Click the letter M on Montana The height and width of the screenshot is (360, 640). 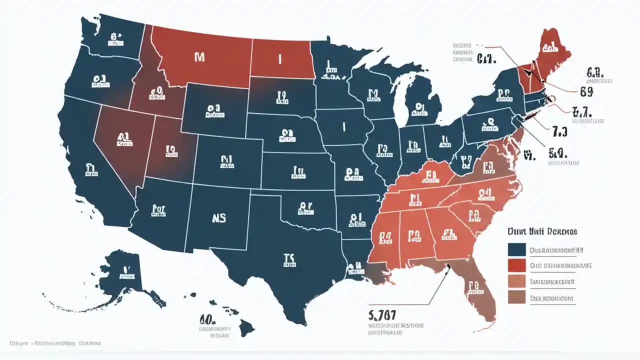coord(199,57)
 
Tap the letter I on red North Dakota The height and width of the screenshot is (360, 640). coord(280,59)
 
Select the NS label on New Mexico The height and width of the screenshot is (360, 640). coord(216,218)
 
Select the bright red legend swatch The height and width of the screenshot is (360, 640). coord(516,265)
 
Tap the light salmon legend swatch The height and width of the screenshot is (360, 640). coord(516,281)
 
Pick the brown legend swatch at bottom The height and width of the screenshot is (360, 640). coord(516,298)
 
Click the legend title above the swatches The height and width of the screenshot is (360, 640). coord(542,232)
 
